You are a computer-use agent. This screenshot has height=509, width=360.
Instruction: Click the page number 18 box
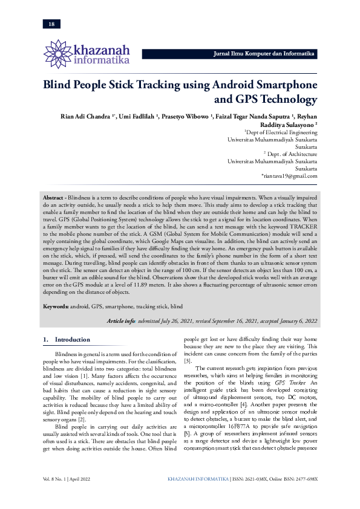tap(51, 24)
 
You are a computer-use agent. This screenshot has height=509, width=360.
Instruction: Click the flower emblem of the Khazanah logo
tap(58, 53)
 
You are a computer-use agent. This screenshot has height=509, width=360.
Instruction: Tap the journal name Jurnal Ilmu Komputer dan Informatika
tap(264, 54)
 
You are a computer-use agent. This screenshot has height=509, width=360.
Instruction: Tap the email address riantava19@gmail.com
tap(293, 176)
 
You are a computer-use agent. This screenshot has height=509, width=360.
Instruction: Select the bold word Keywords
tap(56, 306)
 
